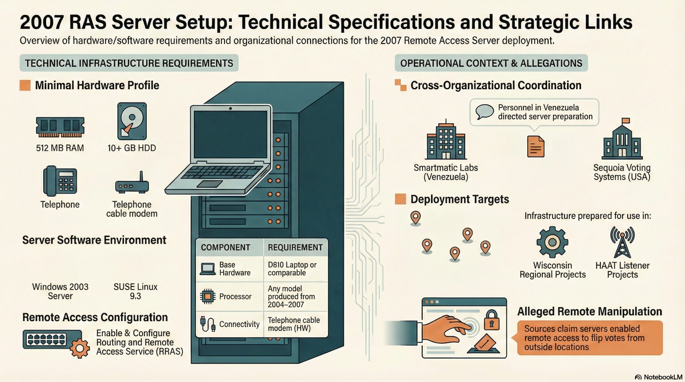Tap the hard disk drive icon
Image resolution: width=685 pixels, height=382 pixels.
(x=132, y=121)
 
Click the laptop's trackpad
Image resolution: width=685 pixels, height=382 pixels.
(x=210, y=184)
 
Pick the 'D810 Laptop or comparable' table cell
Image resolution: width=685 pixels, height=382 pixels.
(x=292, y=269)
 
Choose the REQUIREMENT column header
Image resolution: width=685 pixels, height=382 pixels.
(x=295, y=248)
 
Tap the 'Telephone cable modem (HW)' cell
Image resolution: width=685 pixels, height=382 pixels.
(x=294, y=324)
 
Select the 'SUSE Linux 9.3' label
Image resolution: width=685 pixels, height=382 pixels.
(x=135, y=291)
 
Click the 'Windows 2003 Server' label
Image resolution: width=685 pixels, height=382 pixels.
(x=60, y=291)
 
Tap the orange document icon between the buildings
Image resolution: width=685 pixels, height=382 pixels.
(x=536, y=146)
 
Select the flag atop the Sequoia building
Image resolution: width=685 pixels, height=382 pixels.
(x=626, y=121)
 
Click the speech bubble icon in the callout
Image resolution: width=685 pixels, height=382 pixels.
(x=484, y=112)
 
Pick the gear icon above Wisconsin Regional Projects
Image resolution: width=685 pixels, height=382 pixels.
(x=552, y=242)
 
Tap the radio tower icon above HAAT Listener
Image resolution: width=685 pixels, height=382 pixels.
(x=622, y=242)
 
